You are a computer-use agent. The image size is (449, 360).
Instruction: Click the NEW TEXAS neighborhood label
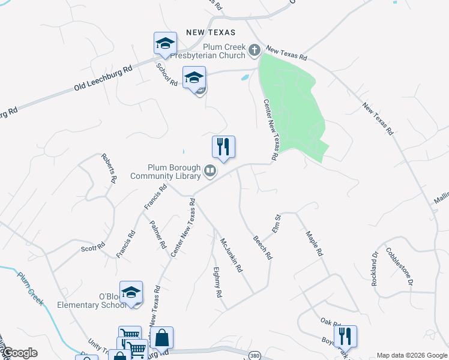click(x=211, y=32)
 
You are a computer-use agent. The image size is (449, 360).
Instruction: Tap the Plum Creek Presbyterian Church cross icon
click(x=255, y=50)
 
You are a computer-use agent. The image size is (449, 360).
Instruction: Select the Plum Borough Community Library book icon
click(x=210, y=172)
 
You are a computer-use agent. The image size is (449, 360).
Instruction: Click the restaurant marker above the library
click(x=223, y=147)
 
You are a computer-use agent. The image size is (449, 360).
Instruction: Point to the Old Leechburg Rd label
click(x=103, y=76)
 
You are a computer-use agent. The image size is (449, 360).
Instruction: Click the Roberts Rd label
click(x=109, y=167)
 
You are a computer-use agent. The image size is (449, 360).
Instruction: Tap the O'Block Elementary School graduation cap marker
click(x=131, y=293)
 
